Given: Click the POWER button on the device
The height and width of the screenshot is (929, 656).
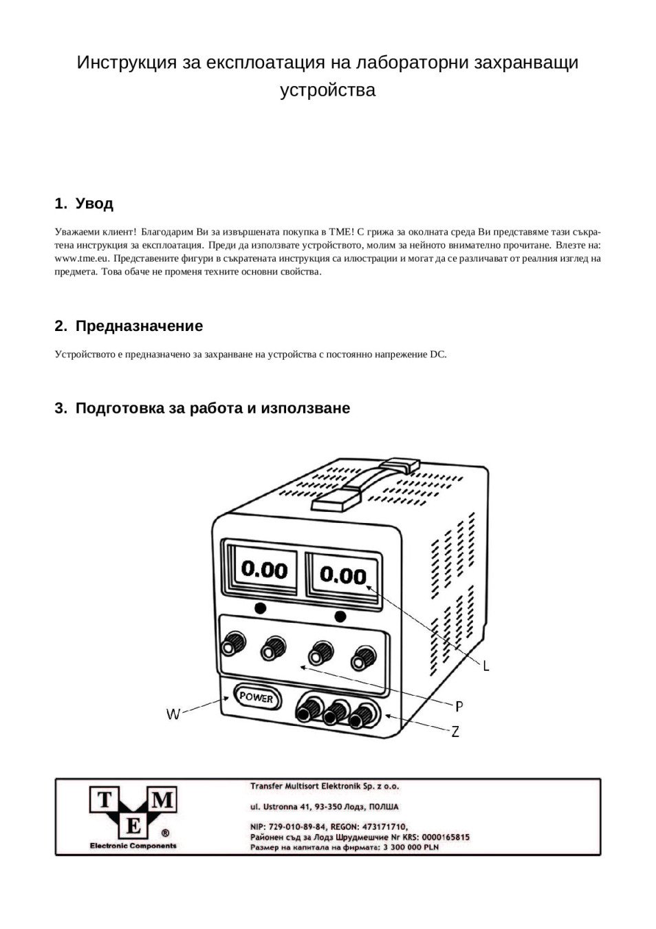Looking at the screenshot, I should point(256,698).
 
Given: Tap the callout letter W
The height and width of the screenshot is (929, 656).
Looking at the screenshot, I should point(173,714).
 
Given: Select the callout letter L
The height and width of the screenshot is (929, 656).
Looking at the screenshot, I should point(485,666).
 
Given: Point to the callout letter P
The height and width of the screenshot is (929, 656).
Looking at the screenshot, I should point(459,705).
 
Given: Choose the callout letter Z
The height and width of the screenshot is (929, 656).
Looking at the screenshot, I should point(455,732).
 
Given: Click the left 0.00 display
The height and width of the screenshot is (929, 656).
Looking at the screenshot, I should point(264,570).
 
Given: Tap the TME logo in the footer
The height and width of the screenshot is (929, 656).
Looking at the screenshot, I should point(133,813).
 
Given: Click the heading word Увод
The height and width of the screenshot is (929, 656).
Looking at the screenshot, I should point(94,204).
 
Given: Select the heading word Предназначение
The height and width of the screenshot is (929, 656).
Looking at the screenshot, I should point(139,326).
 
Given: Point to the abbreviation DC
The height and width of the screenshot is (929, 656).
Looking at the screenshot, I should point(438,355).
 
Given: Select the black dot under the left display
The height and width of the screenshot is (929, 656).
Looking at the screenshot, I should point(260,608).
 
